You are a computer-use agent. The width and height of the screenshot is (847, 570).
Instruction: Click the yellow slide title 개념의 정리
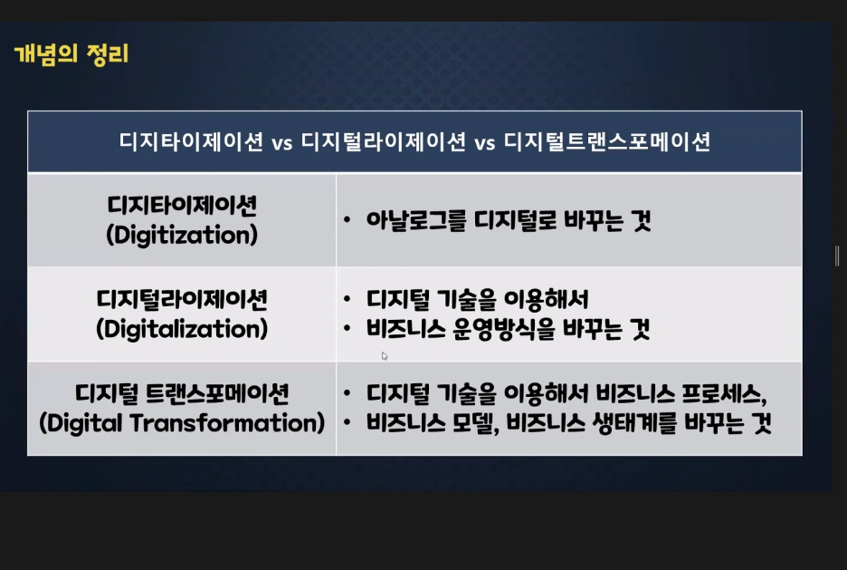click(71, 54)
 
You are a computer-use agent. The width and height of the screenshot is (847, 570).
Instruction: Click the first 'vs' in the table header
click(281, 142)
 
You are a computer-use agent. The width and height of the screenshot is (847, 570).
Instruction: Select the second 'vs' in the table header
click(484, 142)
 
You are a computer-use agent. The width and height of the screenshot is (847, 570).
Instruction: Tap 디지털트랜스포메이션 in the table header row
click(606, 142)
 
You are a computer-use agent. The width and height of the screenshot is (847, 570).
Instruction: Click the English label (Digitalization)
click(182, 328)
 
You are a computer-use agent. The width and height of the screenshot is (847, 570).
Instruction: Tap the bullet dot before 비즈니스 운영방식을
click(347, 330)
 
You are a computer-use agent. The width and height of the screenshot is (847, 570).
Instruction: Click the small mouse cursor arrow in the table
click(385, 356)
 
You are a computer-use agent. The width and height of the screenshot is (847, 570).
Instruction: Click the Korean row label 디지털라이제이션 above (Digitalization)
click(182, 298)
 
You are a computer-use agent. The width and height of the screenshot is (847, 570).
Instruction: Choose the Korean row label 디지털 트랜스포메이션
click(182, 393)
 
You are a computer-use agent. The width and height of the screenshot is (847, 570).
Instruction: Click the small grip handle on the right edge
click(837, 256)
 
